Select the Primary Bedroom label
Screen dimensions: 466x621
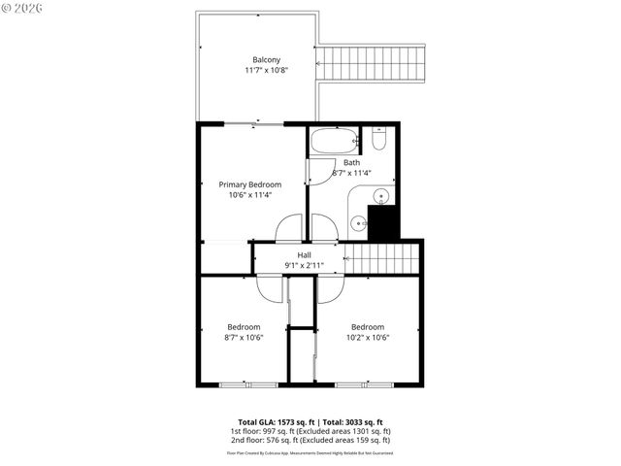(x=249, y=184)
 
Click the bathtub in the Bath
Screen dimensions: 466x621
(x=334, y=141)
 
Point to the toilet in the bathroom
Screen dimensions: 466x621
(x=379, y=138)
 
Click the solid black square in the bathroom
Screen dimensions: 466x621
(x=383, y=223)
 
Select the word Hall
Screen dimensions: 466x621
(x=290, y=254)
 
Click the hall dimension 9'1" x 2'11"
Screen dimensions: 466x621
(x=290, y=265)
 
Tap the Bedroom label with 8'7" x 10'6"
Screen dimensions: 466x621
(x=244, y=327)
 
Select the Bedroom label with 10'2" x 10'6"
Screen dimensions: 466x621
(x=368, y=327)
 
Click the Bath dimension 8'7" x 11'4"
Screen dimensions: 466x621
(x=351, y=173)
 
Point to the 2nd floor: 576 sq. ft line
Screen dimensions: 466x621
(x=310, y=440)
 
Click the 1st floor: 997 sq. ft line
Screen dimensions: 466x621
(x=310, y=431)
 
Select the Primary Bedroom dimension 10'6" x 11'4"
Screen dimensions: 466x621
(x=249, y=195)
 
